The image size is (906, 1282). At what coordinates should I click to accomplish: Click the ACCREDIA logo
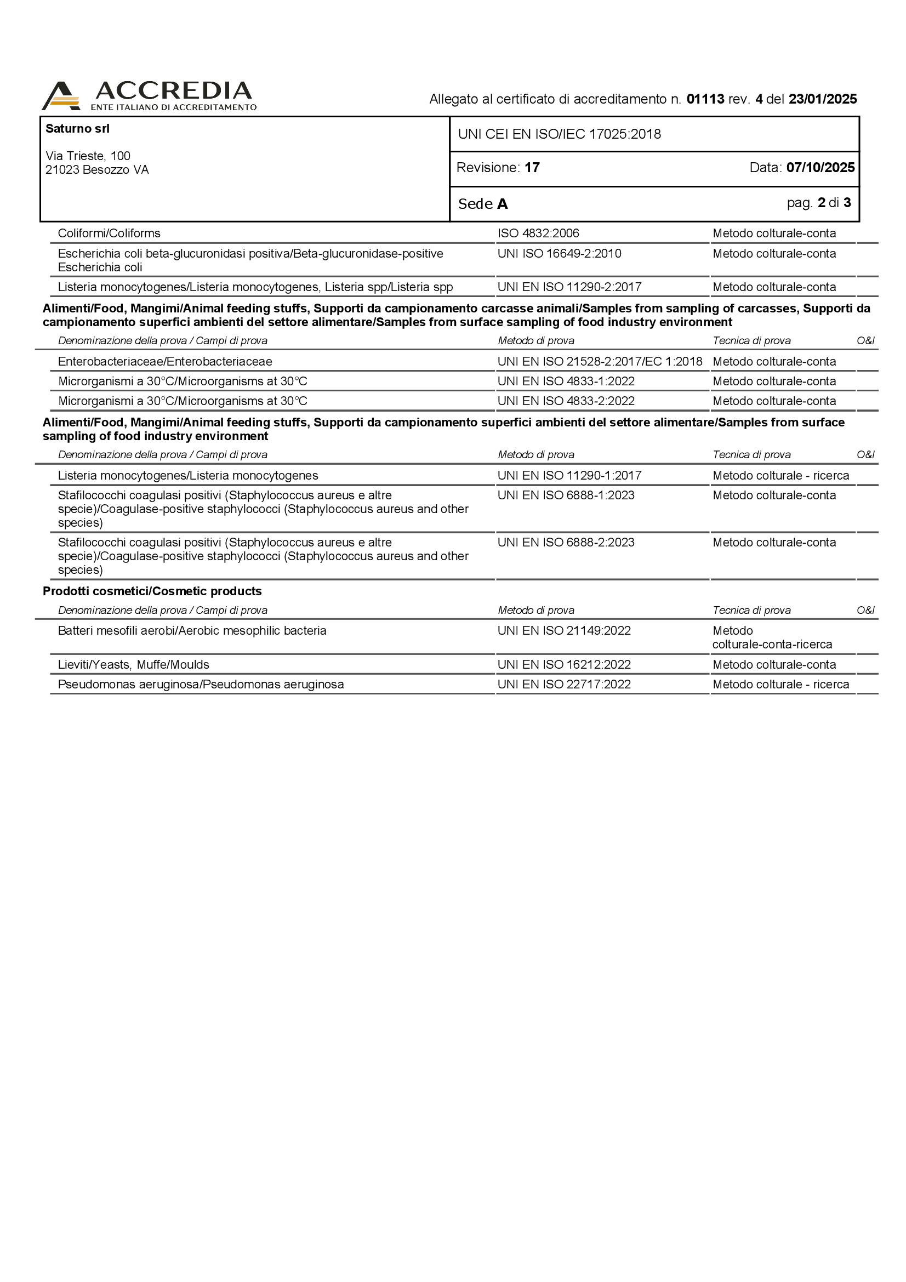149,95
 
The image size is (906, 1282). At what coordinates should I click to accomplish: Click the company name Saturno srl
78,128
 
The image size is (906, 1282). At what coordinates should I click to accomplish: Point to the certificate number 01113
705,99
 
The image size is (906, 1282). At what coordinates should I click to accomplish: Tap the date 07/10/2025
820,168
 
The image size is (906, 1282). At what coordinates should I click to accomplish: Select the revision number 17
532,168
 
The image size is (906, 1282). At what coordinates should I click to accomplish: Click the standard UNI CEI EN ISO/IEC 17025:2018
560,134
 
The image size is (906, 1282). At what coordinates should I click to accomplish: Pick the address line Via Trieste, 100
88,156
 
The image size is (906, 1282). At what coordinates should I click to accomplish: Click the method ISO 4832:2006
538,233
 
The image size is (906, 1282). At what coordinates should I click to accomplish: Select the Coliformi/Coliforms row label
109,233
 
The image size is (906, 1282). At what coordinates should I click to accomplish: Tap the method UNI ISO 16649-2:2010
560,254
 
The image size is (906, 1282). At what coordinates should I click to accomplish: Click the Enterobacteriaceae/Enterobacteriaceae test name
164,362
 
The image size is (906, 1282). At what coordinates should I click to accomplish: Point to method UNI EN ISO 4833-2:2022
566,401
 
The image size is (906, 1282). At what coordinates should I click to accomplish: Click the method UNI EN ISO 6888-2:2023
566,543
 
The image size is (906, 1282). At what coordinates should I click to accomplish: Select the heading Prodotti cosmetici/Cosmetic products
152,591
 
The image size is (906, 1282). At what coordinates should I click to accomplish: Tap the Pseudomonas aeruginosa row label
201,685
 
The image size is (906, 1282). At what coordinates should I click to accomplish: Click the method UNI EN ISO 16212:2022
564,664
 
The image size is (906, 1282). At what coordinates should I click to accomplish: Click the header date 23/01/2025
823,99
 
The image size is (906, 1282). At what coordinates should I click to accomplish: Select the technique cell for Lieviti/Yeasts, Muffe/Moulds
774,664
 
